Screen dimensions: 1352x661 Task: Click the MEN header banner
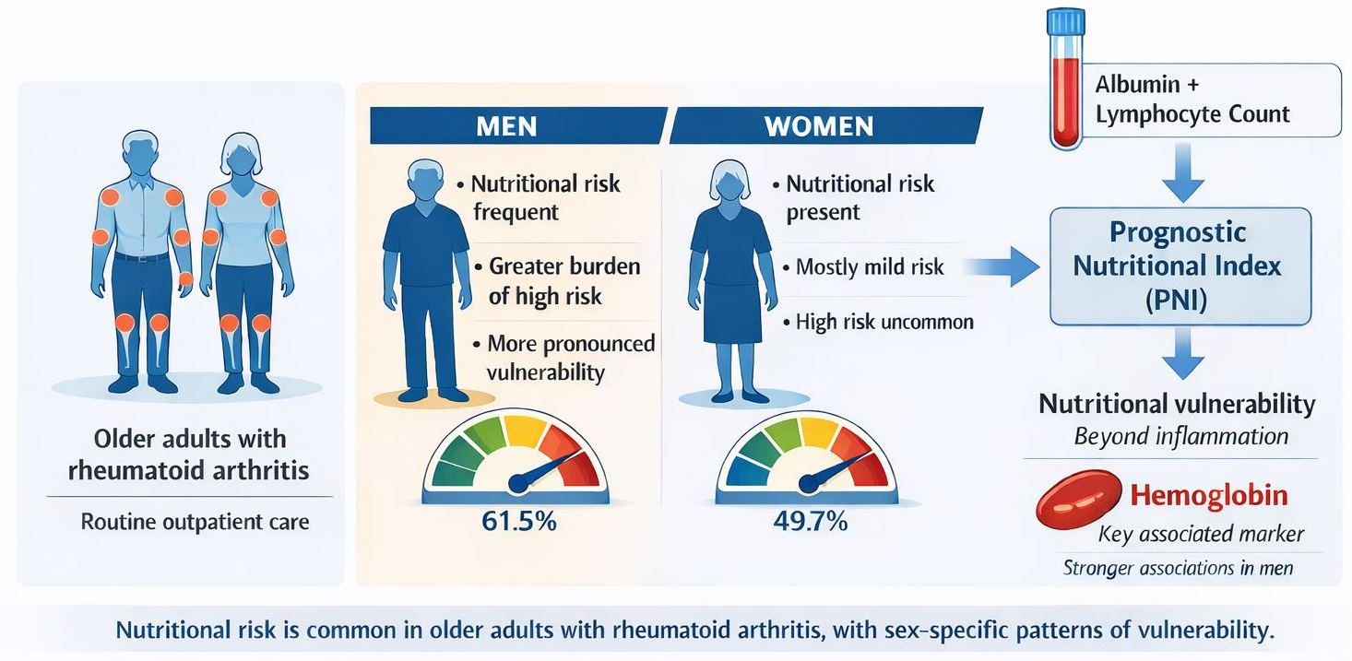pyautogui.click(x=518, y=125)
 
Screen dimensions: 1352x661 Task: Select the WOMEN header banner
pyautogui.click(x=825, y=125)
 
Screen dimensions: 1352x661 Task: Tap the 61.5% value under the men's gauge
pyautogui.click(x=518, y=521)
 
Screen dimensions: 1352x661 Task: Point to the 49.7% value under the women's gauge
pyautogui.click(x=810, y=521)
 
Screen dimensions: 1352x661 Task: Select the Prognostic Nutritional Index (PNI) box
pyautogui.click(x=1180, y=266)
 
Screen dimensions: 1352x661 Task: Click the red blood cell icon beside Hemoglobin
pyautogui.click(x=1078, y=500)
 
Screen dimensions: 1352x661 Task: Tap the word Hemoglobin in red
pyautogui.click(x=1209, y=495)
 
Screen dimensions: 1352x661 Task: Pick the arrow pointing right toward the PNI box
pyautogui.click(x=1002, y=266)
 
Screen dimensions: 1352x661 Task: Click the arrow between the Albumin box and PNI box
pyautogui.click(x=1183, y=172)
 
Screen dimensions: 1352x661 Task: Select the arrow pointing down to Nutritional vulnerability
pyautogui.click(x=1183, y=353)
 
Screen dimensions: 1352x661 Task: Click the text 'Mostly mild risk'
pyautogui.click(x=869, y=266)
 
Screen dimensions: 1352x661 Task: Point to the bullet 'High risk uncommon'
pyautogui.click(x=879, y=322)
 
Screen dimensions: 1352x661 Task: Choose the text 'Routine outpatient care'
pyautogui.click(x=195, y=522)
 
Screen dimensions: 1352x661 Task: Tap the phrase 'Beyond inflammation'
pyautogui.click(x=1181, y=436)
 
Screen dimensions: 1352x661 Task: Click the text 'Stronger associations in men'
pyautogui.click(x=1178, y=568)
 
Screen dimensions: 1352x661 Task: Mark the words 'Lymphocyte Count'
pyautogui.click(x=1192, y=114)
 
